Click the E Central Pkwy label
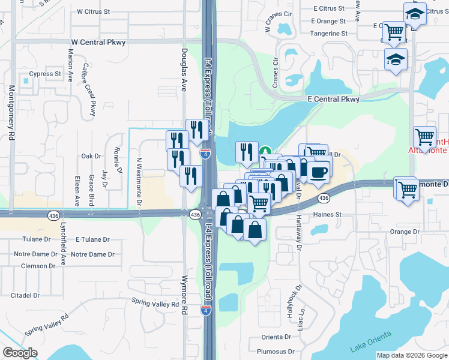(x=333, y=99)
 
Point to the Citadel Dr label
(x=25, y=295)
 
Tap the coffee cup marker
(x=319, y=172)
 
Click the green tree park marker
(x=265, y=152)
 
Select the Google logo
(x=20, y=353)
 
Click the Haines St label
(x=327, y=214)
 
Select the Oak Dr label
(x=92, y=156)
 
